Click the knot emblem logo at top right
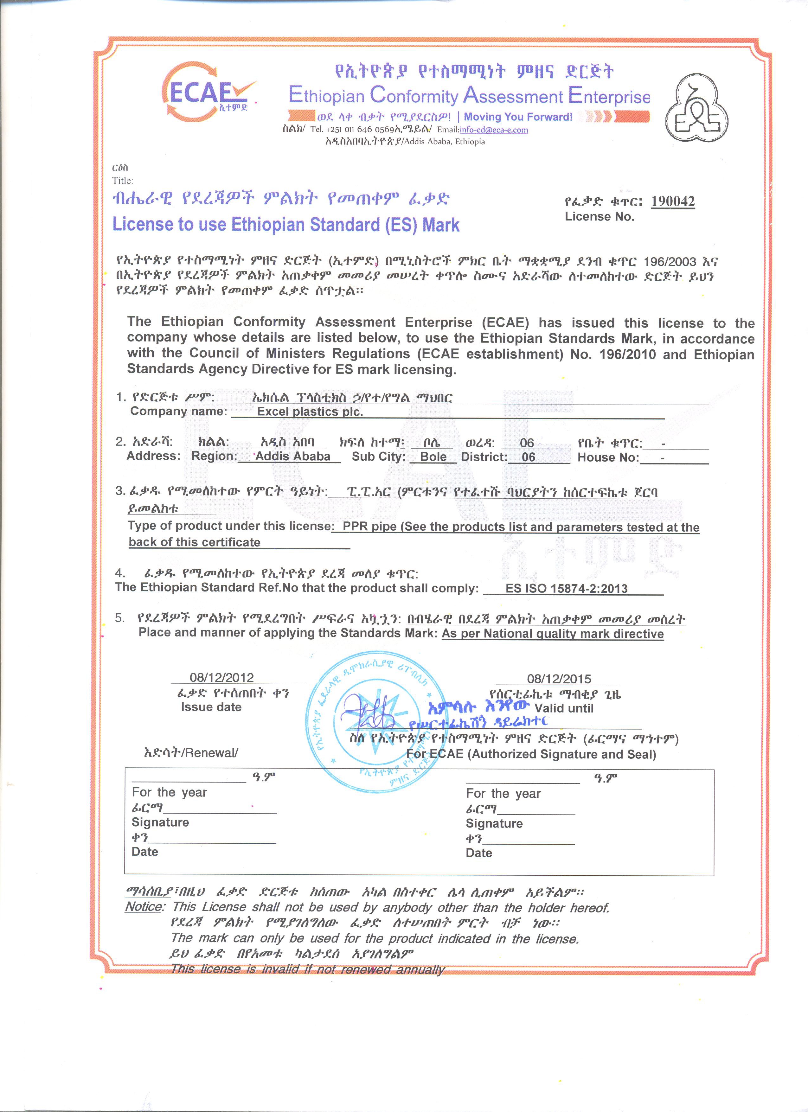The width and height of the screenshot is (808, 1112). (x=696, y=110)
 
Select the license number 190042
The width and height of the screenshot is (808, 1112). (x=673, y=201)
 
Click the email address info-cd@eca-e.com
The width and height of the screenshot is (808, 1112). (x=493, y=130)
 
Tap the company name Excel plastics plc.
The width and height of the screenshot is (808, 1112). (x=310, y=412)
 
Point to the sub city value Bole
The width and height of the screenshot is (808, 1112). (x=433, y=457)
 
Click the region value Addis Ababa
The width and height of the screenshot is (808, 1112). (x=293, y=457)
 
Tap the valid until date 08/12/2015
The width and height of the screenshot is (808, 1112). (x=559, y=679)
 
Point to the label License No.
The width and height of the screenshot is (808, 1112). (x=599, y=217)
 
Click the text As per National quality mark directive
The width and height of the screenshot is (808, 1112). (x=553, y=634)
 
